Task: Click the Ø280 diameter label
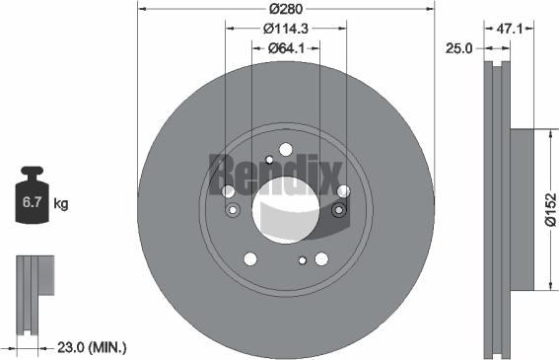286,9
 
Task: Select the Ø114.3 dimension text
286,29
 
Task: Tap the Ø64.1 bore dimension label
286,47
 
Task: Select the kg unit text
61,204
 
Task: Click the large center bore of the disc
286,208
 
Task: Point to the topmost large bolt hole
286,149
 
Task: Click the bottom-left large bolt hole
250,258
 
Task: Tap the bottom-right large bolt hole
321,258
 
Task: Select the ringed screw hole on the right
339,209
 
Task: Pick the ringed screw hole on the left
233,209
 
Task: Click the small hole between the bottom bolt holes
303,260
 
